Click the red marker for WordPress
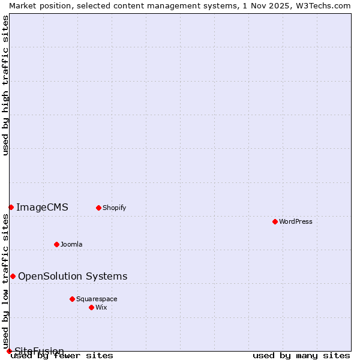pyautogui.click(x=275, y=221)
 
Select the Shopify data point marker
pyautogui.click(x=98, y=208)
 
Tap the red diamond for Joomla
pyautogui.click(x=56, y=244)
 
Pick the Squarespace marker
pyautogui.click(x=72, y=299)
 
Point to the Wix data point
pyautogui.click(x=91, y=307)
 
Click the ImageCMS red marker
pyautogui.click(x=11, y=207)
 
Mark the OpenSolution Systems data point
pyautogui.click(x=13, y=276)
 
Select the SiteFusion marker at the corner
pyautogui.click(x=9, y=351)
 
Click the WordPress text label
pyautogui.click(x=296, y=221)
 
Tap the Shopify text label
pyautogui.click(x=114, y=208)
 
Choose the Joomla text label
pyautogui.click(x=71, y=244)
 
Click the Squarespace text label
pyautogui.click(x=97, y=299)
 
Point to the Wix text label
pyautogui.click(x=101, y=307)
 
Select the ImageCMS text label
pyautogui.click(x=42, y=208)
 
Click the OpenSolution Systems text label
pyautogui.click(x=73, y=276)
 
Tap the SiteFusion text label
pyautogui.click(x=40, y=351)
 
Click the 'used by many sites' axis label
pyautogui.click(x=301, y=356)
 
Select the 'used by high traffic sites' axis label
pyautogui.click(x=6, y=85)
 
